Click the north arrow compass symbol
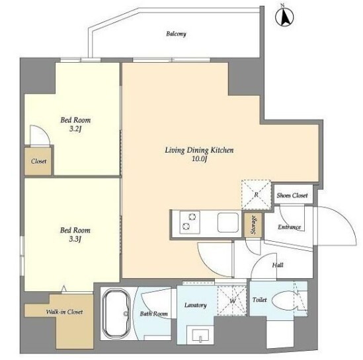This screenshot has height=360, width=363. point(284,17)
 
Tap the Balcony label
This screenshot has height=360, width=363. point(176,34)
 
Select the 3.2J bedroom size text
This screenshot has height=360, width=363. point(75,129)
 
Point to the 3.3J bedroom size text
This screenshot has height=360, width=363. point(75,239)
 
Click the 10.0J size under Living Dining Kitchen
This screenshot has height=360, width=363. point(199,159)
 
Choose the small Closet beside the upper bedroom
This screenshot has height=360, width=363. point(38,161)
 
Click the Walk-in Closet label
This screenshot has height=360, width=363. point(64,312)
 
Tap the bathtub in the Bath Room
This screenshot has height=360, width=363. point(115,314)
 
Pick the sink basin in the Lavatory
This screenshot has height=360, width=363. point(200,334)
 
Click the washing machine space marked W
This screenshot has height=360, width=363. point(232,301)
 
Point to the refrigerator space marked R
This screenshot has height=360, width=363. point(256,195)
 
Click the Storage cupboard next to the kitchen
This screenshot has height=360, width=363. point(253,225)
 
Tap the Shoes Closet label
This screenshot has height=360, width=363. point(292,196)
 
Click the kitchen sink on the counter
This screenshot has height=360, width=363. point(228,223)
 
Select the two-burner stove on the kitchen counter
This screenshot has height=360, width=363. point(190,222)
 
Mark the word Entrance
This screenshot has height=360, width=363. point(289,227)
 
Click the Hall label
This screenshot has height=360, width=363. point(278,265)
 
